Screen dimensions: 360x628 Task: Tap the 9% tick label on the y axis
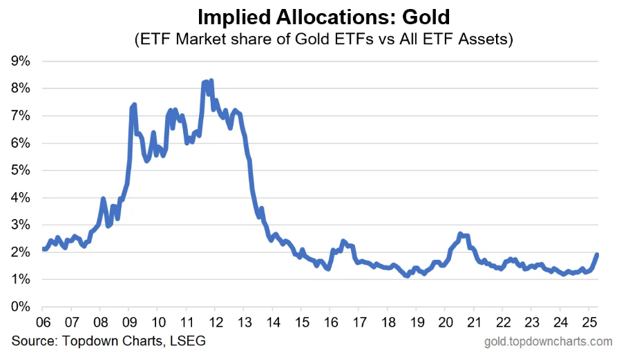point(21,61)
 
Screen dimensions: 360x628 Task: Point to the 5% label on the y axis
point(21,170)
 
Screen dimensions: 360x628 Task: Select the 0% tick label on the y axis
point(21,307)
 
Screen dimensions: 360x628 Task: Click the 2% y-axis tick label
point(21,252)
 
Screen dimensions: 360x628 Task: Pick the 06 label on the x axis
point(43,322)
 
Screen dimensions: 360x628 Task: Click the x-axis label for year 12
point(216,322)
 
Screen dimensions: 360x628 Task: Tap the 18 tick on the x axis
point(388,322)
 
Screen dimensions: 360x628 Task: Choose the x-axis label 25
point(589,322)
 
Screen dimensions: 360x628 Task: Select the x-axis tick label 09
point(129,322)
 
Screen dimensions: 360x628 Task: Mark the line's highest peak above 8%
point(211,80)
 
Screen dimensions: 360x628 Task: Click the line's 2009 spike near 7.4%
point(134,104)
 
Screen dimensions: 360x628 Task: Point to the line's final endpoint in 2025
point(597,254)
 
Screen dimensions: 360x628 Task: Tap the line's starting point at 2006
point(43,249)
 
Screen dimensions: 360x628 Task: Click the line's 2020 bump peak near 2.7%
point(460,234)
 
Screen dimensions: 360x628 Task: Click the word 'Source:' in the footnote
point(34,341)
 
